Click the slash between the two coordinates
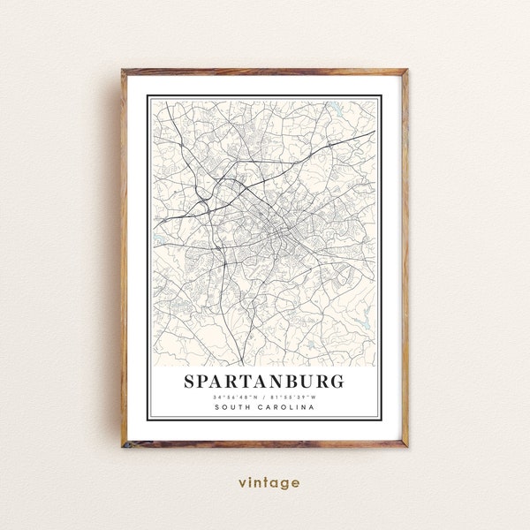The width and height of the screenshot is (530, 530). point(264,397)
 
